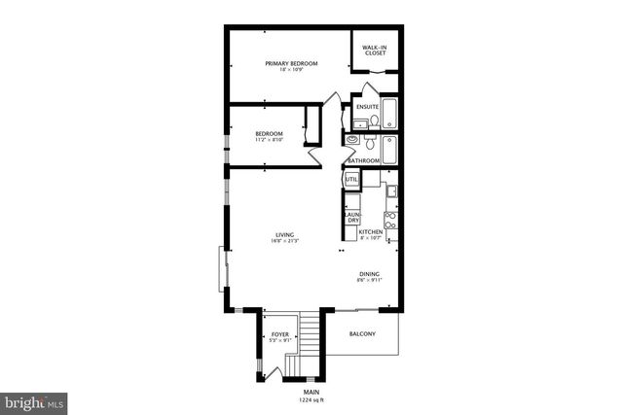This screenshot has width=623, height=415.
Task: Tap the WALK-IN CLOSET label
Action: click(x=375, y=51)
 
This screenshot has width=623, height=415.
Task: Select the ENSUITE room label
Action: click(x=367, y=106)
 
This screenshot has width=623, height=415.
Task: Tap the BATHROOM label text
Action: click(x=363, y=160)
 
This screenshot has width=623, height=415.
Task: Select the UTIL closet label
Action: click(x=351, y=179)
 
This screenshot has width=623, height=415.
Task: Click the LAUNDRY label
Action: click(x=352, y=217)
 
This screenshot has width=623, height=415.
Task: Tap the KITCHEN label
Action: click(x=370, y=232)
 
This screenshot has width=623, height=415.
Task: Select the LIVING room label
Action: click(x=284, y=235)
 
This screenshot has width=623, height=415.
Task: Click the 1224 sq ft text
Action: click(x=311, y=398)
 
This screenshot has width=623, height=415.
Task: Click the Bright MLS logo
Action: click(x=34, y=399)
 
